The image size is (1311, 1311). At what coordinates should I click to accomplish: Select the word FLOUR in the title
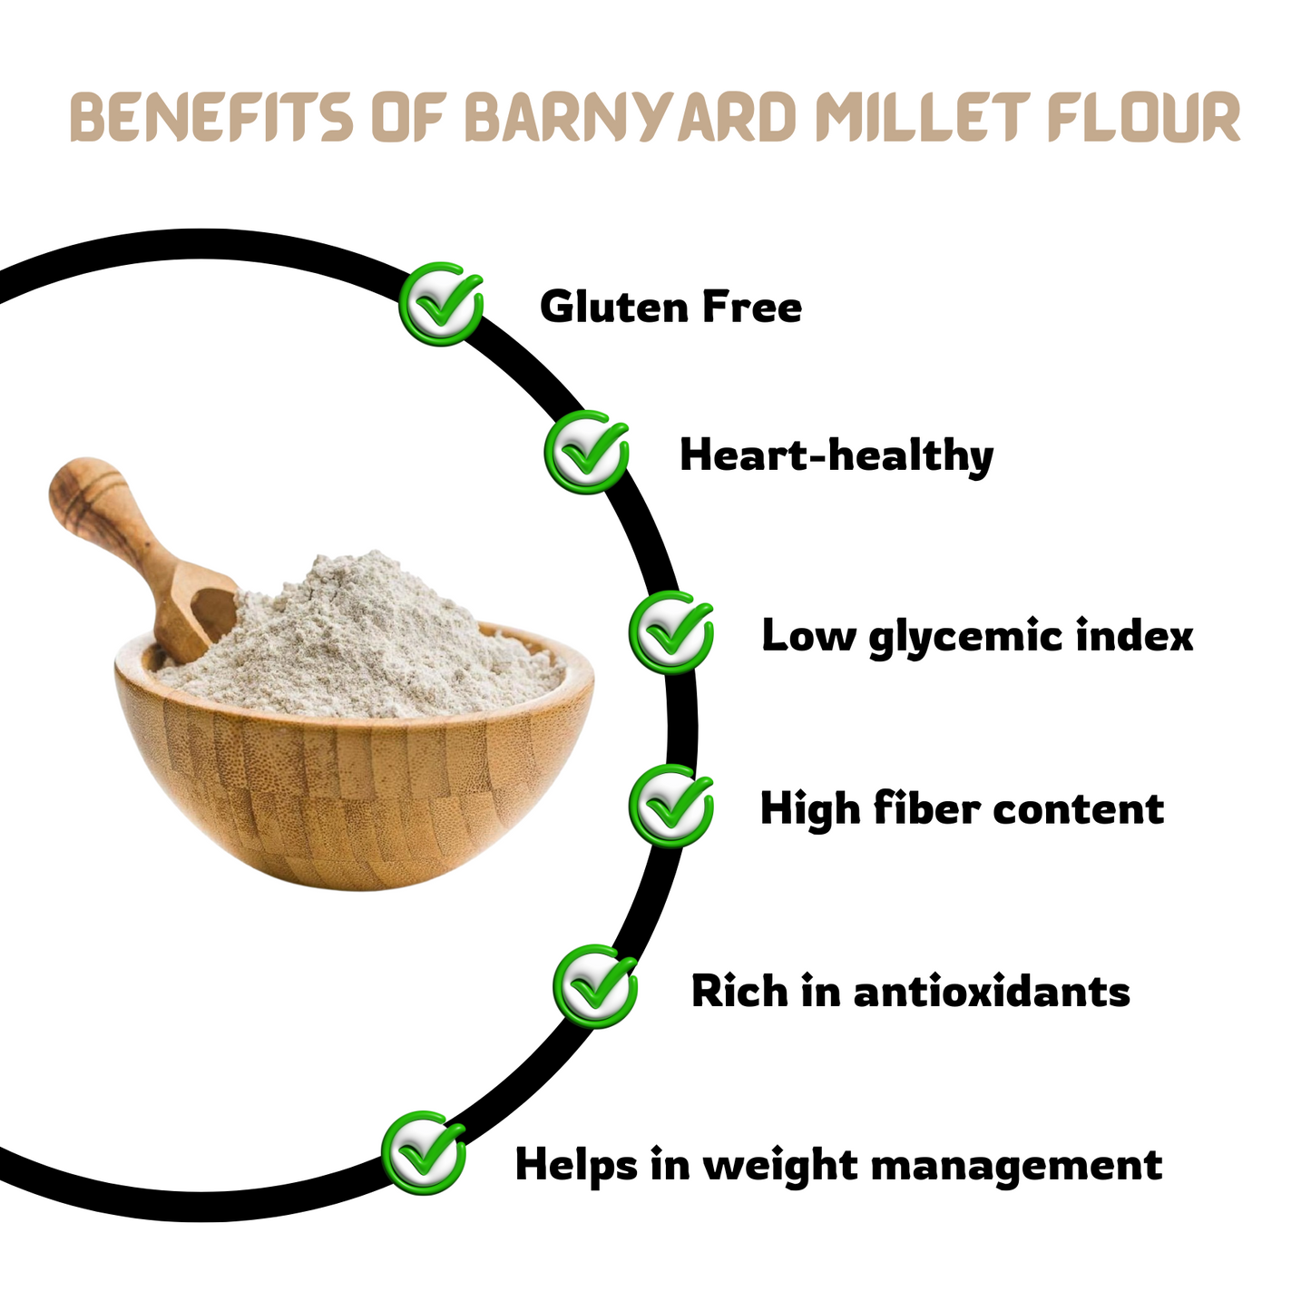[1144, 117]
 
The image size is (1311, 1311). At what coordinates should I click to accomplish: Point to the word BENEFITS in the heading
[211, 117]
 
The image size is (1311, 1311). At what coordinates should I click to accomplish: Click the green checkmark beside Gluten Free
[441, 303]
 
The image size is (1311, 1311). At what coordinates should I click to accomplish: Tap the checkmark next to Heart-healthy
[586, 453]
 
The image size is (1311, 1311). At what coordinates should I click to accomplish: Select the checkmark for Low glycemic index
[670, 632]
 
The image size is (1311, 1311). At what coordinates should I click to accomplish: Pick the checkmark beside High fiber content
[670, 806]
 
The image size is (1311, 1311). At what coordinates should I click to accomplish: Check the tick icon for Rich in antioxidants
[595, 986]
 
